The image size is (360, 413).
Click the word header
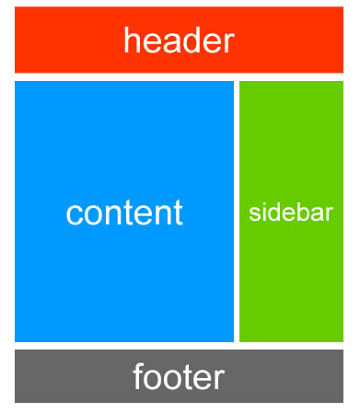point(179,40)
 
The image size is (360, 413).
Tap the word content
point(124,212)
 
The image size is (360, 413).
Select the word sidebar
point(291,212)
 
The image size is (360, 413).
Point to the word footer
point(179,376)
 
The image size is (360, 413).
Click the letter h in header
point(131,40)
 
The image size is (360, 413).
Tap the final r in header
point(228,43)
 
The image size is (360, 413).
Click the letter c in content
point(74,215)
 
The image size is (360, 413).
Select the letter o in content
point(93,215)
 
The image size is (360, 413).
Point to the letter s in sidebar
point(254,214)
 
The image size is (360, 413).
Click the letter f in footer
point(138,376)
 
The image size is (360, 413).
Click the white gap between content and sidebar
point(237,212)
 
